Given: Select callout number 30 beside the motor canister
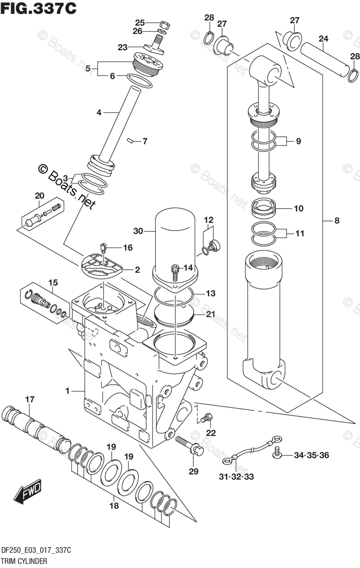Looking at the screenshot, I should [x=138, y=231].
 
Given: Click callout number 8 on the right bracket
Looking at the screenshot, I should [x=337, y=220].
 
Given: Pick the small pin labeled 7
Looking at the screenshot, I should [x=131, y=141].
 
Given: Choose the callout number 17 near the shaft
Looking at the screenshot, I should [x=29, y=400].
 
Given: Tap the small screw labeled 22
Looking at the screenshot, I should [x=205, y=418].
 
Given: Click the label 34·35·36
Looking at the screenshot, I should [x=311, y=455].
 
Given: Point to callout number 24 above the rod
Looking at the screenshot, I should [x=324, y=38].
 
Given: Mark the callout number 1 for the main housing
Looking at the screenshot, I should [x=67, y=391].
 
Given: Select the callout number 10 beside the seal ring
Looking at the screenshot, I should [x=298, y=208].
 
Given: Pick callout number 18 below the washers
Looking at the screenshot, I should [x=113, y=506].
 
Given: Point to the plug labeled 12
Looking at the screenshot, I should [x=213, y=245].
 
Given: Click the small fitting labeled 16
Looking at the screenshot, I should [x=104, y=246].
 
